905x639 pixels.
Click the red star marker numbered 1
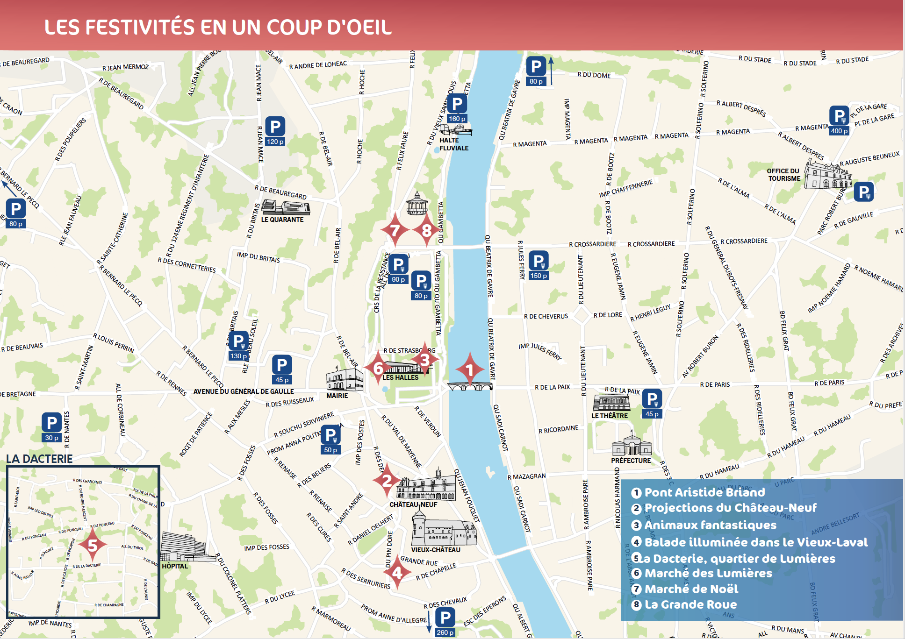[x=470, y=369]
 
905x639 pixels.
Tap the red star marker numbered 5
[x=93, y=545]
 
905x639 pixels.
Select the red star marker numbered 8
[x=426, y=230]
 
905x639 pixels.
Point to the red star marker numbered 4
[x=397, y=572]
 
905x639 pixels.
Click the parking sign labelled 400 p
[x=840, y=120]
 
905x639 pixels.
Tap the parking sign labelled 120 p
[x=275, y=131]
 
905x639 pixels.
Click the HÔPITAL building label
[x=175, y=566]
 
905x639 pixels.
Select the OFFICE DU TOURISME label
[x=783, y=175]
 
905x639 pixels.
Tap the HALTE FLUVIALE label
[x=453, y=144]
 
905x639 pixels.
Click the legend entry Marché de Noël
[x=691, y=589]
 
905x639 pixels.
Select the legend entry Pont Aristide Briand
[x=704, y=492]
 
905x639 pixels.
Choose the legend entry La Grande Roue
[x=690, y=604]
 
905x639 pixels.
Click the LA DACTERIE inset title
[x=39, y=459]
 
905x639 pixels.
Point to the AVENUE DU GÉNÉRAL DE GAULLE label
[x=244, y=391]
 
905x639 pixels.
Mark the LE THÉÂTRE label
[x=610, y=416]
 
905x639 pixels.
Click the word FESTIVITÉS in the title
[x=139, y=27]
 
